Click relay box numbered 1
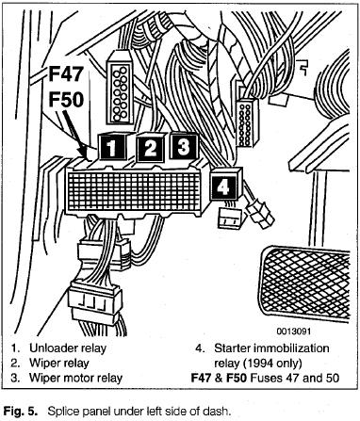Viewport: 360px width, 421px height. [x=112, y=146]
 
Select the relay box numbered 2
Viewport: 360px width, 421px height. [x=151, y=147]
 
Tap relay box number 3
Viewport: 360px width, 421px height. [x=184, y=146]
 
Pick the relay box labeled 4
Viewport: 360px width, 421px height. [x=224, y=186]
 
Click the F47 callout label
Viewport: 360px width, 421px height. [x=66, y=73]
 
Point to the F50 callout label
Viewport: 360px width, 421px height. [x=66, y=100]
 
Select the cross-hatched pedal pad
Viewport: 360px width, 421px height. [x=304, y=284]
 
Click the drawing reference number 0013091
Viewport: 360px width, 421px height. [x=293, y=332]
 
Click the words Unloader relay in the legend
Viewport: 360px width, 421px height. [x=68, y=348]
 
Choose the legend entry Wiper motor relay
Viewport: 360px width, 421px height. [x=75, y=378]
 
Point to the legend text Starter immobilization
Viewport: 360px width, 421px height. [x=271, y=348]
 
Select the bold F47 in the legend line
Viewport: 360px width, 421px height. [x=202, y=378]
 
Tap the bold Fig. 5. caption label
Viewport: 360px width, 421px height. [x=20, y=411]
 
